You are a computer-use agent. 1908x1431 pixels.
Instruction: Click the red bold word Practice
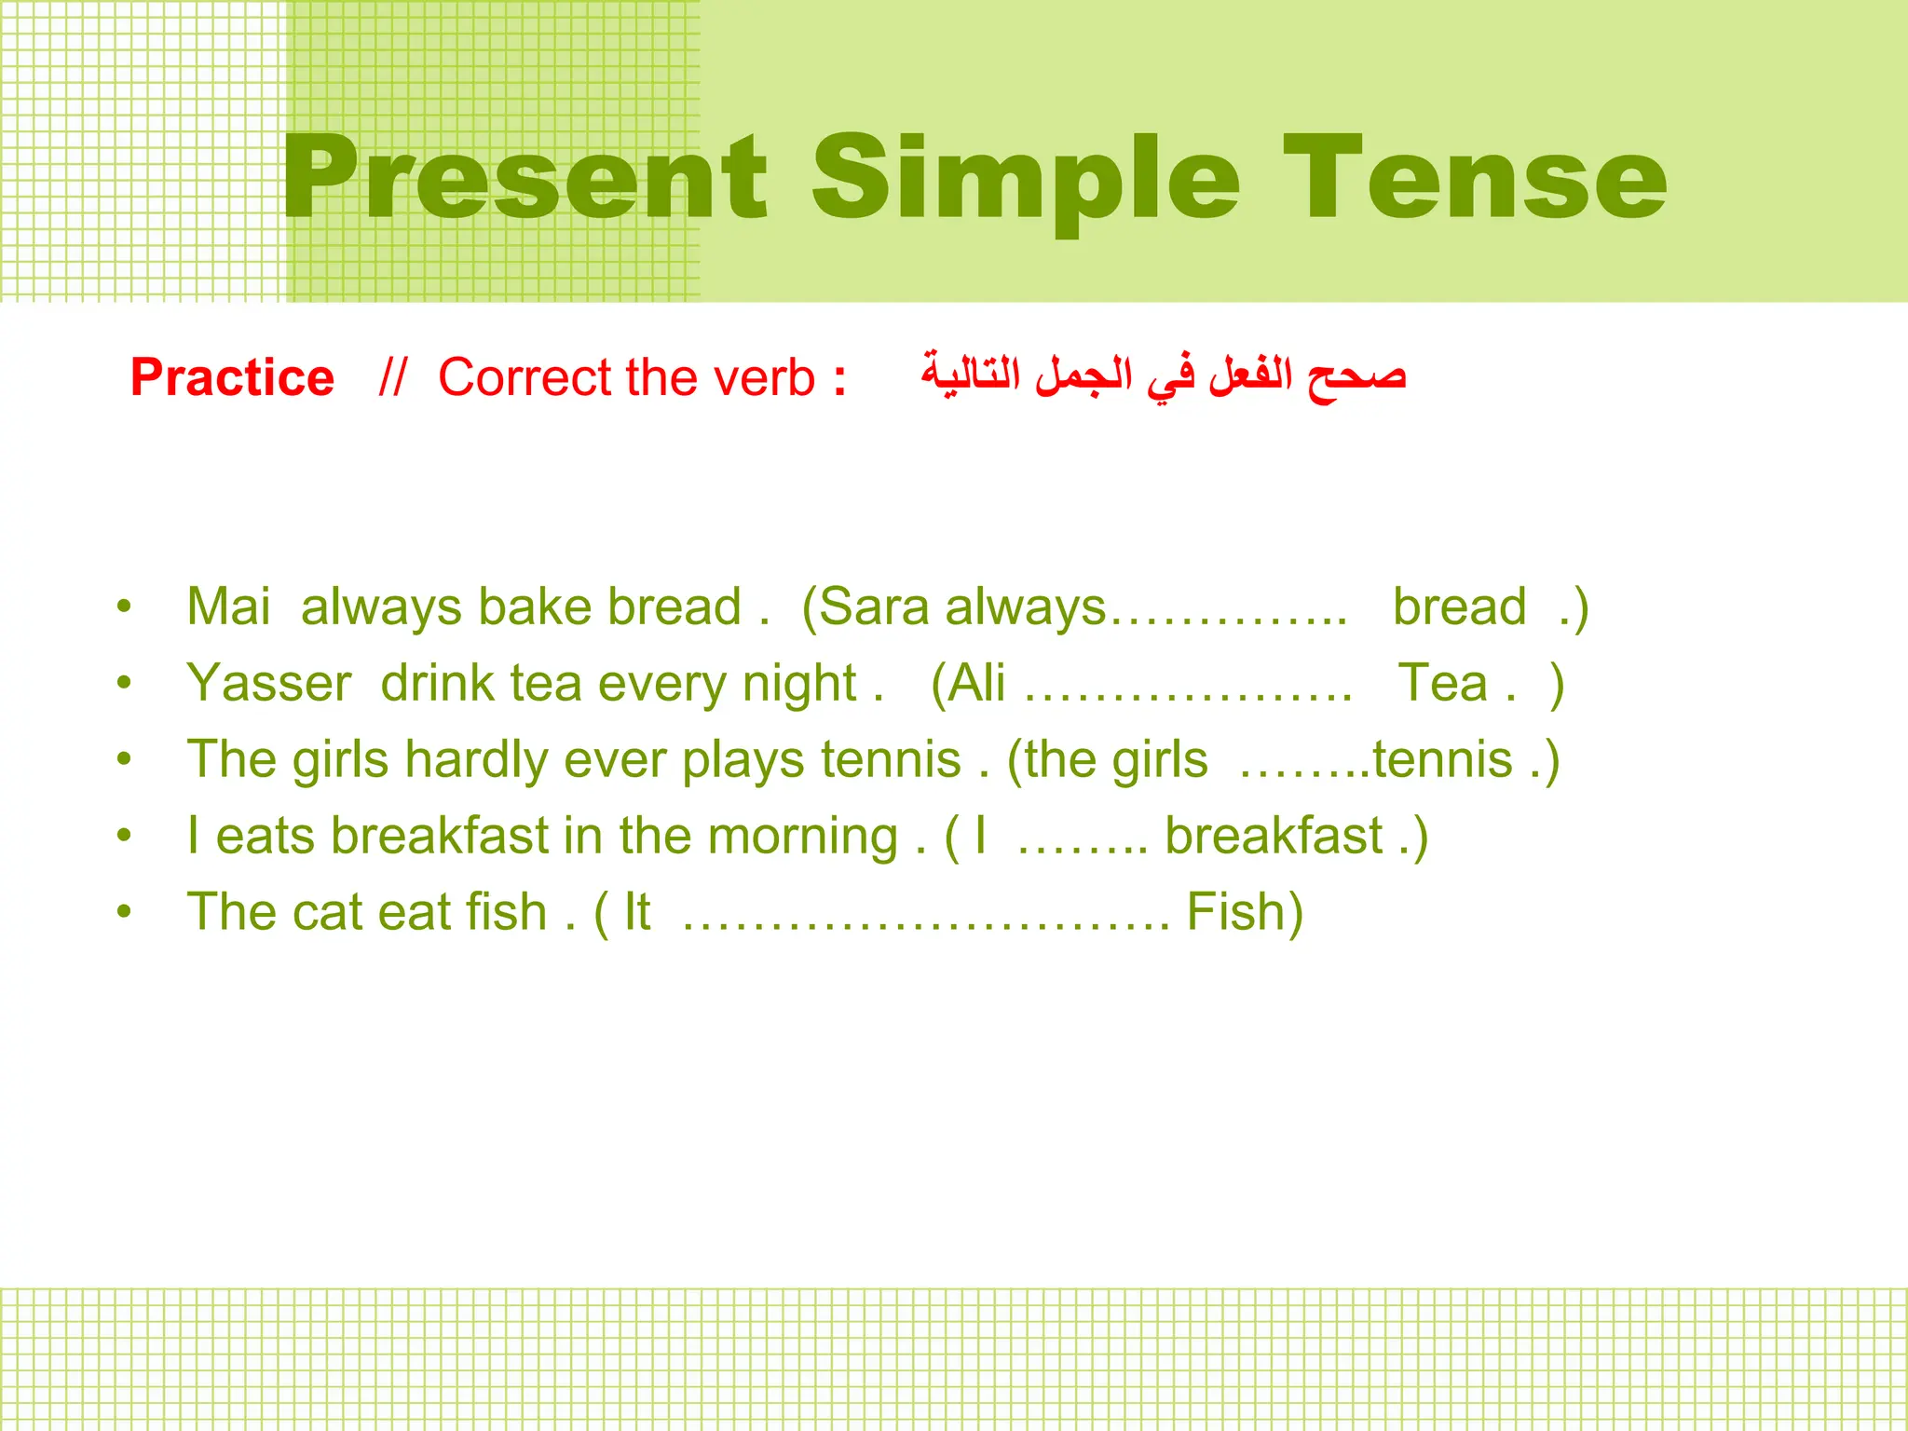pyautogui.click(x=232, y=377)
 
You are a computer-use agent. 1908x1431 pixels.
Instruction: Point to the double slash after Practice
pyautogui.click(x=392, y=377)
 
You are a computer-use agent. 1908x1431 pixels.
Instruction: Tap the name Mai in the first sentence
pyautogui.click(x=228, y=606)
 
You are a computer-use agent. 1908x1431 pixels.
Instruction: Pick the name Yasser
pyautogui.click(x=269, y=683)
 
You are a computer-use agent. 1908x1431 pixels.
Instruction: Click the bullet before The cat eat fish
pyautogui.click(x=124, y=912)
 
